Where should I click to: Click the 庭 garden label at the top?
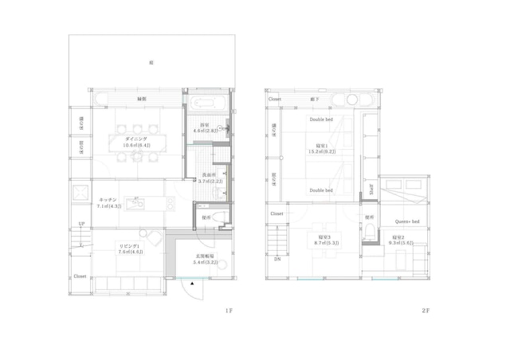(x=151, y=62)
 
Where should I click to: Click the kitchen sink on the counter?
(x=135, y=205)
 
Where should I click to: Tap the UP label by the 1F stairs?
(x=81, y=225)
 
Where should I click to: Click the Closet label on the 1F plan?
(x=80, y=276)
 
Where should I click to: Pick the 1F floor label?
(x=228, y=311)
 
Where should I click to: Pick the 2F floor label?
(x=429, y=311)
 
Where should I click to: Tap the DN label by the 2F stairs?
(x=277, y=259)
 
